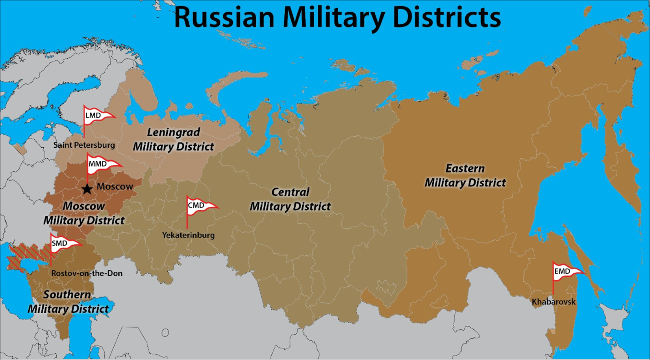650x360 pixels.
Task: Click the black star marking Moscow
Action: tap(87, 189)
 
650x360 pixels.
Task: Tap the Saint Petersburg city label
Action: tap(84, 145)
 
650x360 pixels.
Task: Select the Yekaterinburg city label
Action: tap(188, 235)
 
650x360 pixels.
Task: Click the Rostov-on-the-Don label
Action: tap(87, 273)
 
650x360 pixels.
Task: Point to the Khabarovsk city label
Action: tap(554, 302)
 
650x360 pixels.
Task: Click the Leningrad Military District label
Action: tap(173, 139)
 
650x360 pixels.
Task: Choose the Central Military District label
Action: tap(290, 199)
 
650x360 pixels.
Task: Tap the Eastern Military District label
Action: tap(465, 176)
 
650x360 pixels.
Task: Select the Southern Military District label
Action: tap(68, 302)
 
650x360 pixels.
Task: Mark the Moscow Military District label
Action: tap(84, 213)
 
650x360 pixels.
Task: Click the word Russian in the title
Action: tap(224, 18)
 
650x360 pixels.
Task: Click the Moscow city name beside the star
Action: tap(115, 187)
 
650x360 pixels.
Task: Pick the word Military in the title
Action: tap(333, 18)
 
